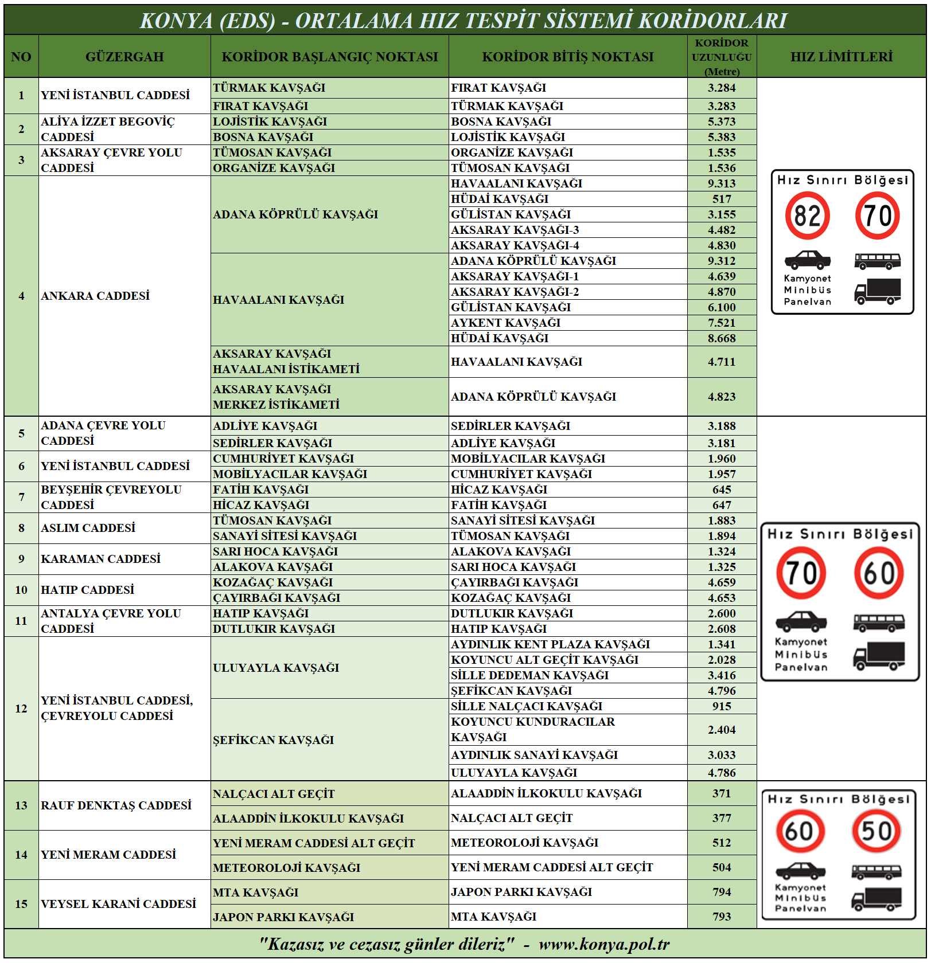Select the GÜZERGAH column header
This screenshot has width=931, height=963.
point(124,57)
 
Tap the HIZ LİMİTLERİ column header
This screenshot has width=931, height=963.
point(841,57)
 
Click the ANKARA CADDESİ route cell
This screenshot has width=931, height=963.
point(95,296)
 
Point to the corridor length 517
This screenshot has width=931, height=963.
point(722,199)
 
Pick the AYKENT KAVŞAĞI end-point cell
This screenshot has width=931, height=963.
point(506,323)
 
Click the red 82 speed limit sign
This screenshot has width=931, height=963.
point(807,216)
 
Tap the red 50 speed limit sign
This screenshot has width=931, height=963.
point(876,831)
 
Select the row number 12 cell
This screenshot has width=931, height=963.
point(21,708)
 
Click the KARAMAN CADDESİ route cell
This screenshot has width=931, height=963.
point(100,559)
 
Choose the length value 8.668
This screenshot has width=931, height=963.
point(722,338)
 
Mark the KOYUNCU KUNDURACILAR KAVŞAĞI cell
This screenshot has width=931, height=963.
point(533,729)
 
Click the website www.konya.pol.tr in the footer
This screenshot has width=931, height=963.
point(604,944)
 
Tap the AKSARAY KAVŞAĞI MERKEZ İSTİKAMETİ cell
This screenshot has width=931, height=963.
point(276,397)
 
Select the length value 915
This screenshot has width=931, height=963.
point(722,706)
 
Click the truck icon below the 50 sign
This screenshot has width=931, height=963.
point(877,899)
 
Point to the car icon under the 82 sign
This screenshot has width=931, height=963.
point(807,260)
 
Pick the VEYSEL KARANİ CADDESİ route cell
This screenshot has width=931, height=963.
point(118,904)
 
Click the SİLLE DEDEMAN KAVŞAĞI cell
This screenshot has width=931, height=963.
point(529,675)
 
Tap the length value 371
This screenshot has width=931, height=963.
point(722,793)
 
